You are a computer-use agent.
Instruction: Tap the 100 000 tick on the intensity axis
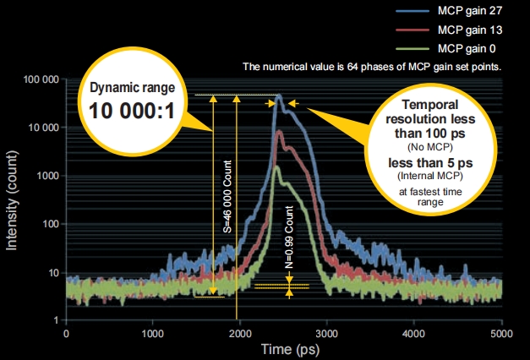click(x=39, y=79)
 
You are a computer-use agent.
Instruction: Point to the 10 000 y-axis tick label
click(x=41, y=128)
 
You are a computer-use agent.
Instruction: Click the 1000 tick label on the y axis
click(x=46, y=176)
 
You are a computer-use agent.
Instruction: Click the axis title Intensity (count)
click(x=13, y=199)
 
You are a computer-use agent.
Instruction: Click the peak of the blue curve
click(x=279, y=96)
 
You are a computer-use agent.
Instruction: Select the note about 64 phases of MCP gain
click(x=372, y=65)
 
